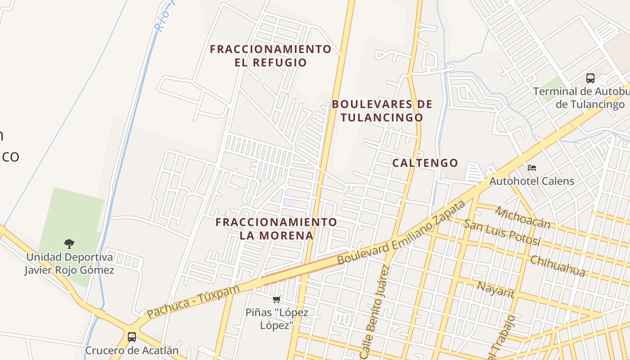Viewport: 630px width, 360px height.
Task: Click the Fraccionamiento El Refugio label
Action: click(x=270, y=55)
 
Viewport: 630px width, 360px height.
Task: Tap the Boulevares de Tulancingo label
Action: click(x=382, y=111)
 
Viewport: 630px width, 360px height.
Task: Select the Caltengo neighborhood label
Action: click(x=425, y=163)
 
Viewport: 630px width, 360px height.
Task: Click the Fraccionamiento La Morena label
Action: click(x=276, y=229)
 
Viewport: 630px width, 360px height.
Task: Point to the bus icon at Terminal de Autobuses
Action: click(x=590, y=78)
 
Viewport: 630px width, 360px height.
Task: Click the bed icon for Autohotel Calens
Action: click(x=532, y=168)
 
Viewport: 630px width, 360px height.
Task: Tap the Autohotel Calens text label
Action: click(x=532, y=181)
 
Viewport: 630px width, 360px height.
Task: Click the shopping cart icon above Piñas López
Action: click(x=277, y=299)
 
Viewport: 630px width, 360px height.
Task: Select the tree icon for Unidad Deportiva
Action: click(x=69, y=244)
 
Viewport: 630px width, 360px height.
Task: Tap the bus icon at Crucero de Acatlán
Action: click(x=132, y=337)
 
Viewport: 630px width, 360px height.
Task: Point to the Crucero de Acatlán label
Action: click(x=132, y=350)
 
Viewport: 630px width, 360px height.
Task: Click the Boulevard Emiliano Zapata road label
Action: click(x=400, y=233)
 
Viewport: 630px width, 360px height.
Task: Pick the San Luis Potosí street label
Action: click(x=502, y=233)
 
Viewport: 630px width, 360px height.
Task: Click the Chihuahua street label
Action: click(x=558, y=266)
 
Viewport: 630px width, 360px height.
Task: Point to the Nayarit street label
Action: click(x=495, y=289)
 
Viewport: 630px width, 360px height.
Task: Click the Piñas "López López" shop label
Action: click(x=277, y=319)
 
